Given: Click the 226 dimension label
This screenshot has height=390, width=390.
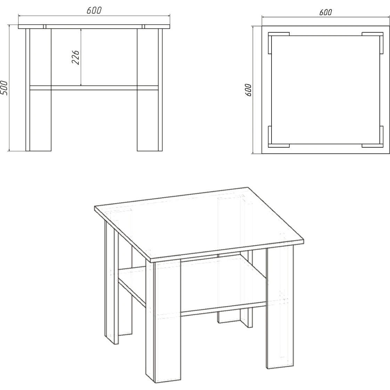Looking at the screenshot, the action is pyautogui.click(x=76, y=57).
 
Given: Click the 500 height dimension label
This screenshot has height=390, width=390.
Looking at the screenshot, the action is pyautogui.click(x=4, y=88).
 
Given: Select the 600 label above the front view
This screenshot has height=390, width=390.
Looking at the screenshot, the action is pyautogui.click(x=94, y=10).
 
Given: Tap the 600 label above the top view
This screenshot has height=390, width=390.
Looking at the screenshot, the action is pyautogui.click(x=326, y=12).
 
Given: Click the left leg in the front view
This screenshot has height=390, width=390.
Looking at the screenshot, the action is pyautogui.click(x=38, y=90).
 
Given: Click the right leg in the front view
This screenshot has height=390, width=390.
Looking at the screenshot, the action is pyautogui.click(x=150, y=90).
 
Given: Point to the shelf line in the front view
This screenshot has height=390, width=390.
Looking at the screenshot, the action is pyautogui.click(x=94, y=88).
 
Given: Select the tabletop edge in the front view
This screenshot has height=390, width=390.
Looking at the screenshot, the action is pyautogui.click(x=94, y=27).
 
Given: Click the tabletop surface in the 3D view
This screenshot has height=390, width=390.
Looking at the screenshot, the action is pyautogui.click(x=199, y=224).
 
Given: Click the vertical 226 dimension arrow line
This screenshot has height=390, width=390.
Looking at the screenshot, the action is pyautogui.click(x=81, y=57).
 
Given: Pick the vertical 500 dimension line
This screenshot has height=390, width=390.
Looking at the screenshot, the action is pyautogui.click(x=9, y=88).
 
